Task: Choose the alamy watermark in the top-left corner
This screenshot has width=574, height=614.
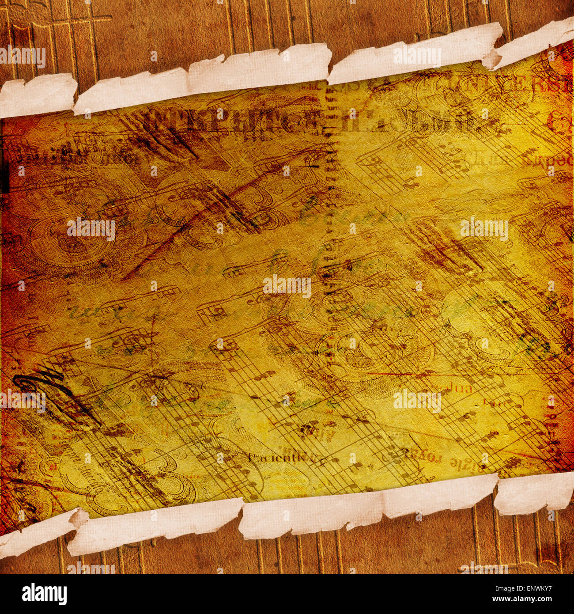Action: [x=23, y=57]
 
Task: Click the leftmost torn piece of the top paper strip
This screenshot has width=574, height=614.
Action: [x=38, y=95]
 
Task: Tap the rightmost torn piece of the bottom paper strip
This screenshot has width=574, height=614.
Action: [x=534, y=495]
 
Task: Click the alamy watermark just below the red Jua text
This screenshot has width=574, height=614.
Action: [x=417, y=401]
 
